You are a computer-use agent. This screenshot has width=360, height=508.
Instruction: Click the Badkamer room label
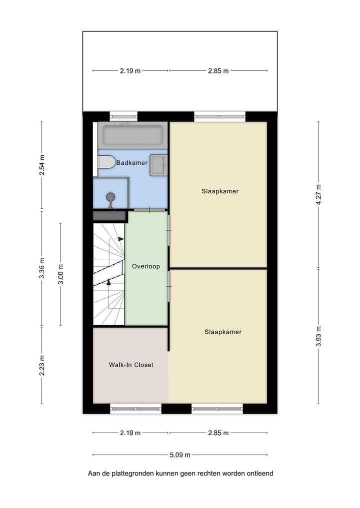click(131, 162)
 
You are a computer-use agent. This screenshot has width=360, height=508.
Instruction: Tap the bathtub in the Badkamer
click(132, 135)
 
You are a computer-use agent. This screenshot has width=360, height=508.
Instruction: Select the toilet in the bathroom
click(106, 162)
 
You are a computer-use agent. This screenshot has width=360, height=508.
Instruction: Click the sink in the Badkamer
click(158, 165)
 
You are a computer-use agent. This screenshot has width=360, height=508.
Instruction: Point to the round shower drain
click(110, 197)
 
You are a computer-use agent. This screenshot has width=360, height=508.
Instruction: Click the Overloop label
click(146, 266)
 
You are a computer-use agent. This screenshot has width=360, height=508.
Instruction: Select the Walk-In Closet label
click(131, 365)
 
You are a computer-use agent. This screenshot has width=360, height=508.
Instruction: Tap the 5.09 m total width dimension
click(180, 455)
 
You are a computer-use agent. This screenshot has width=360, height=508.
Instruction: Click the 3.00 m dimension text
click(60, 274)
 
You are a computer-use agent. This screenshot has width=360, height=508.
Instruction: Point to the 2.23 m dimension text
click(41, 365)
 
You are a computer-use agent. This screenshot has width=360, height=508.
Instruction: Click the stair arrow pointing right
click(120, 239)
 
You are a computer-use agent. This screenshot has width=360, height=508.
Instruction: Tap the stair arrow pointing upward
click(108, 282)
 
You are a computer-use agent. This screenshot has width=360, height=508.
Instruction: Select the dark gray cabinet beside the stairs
click(109, 216)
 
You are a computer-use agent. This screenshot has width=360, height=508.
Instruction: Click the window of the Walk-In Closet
click(135, 409)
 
